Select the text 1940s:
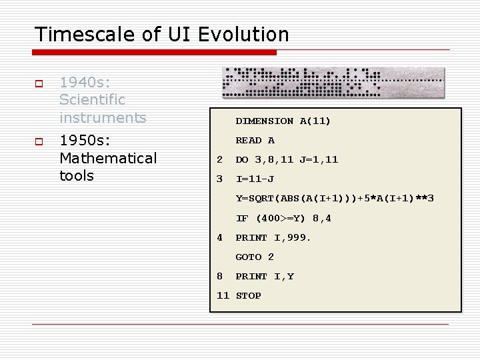(x=85, y=82)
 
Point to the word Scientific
(x=92, y=100)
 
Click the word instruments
(x=103, y=118)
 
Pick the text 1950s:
(x=85, y=141)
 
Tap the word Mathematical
(x=108, y=158)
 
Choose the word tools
(x=77, y=176)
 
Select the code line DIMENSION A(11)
(x=283, y=121)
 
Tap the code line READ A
(x=255, y=141)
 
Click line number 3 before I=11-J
(x=220, y=179)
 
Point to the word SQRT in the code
(x=261, y=199)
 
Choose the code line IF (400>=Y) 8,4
(x=283, y=218)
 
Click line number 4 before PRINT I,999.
(x=220, y=237)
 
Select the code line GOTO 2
(x=255, y=257)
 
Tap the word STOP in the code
(x=249, y=295)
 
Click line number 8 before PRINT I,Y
(x=220, y=276)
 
